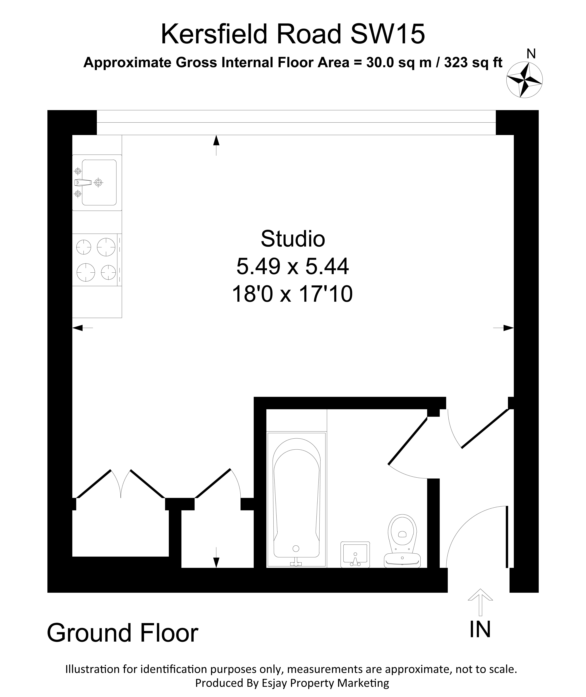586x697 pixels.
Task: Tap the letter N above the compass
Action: pos(531,54)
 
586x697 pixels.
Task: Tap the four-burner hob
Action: pos(96,260)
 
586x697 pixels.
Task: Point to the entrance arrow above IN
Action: pos(480,602)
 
